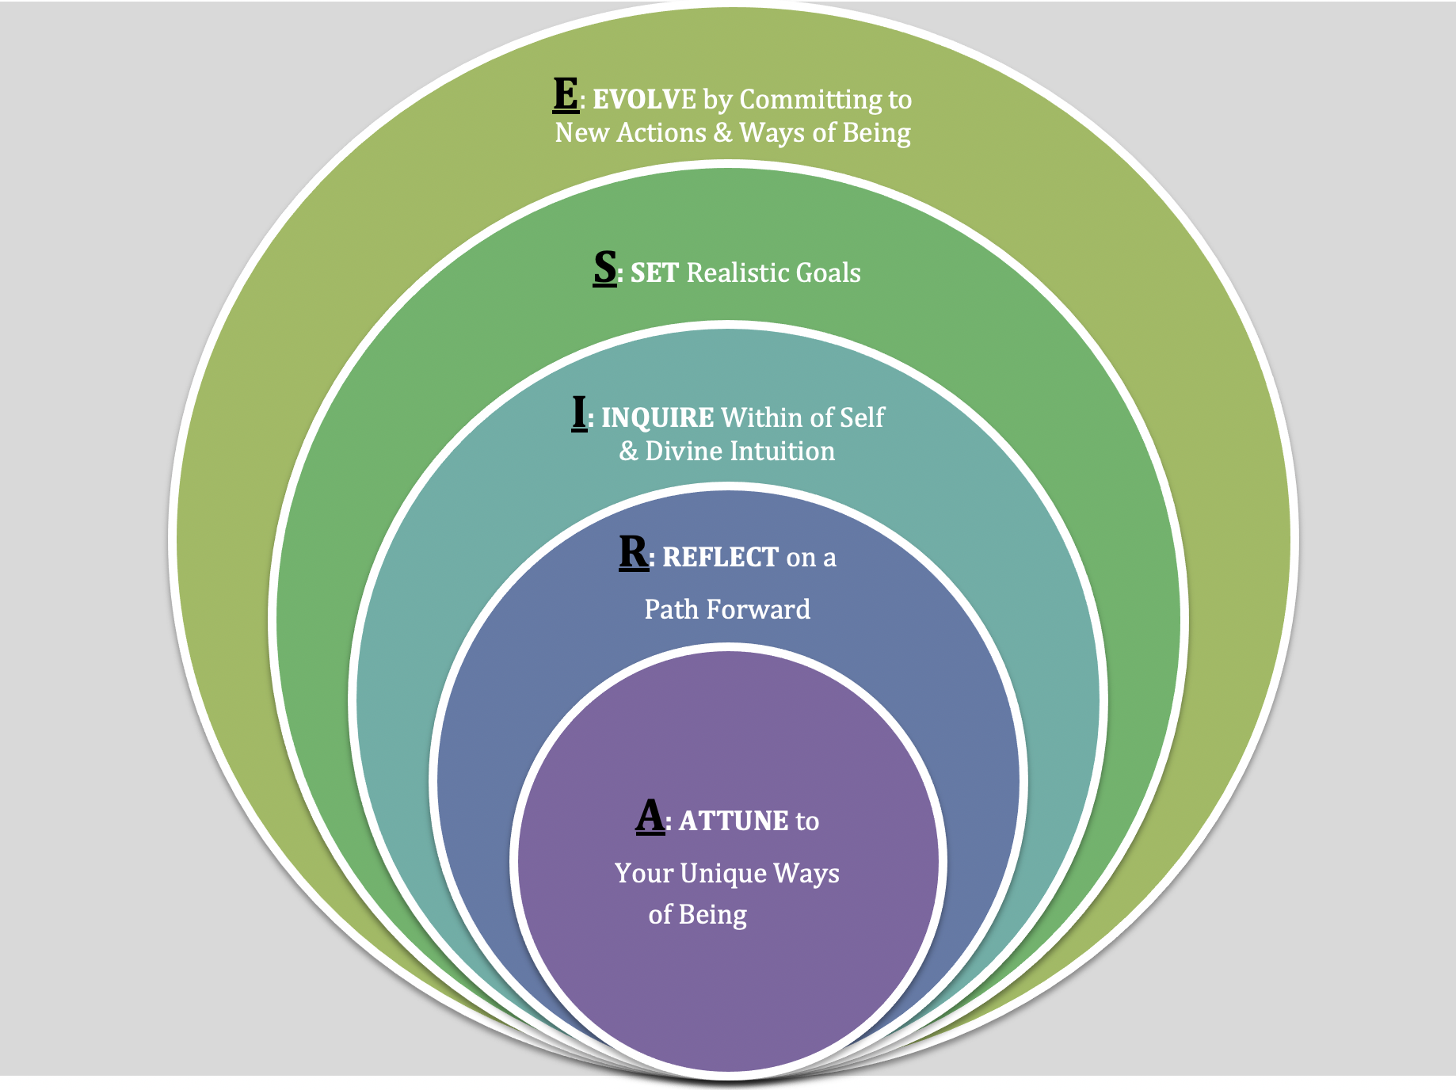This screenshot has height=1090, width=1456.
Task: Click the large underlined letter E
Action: coord(566,95)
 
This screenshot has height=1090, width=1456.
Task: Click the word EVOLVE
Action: coord(644,100)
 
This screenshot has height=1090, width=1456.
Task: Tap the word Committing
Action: coord(809,100)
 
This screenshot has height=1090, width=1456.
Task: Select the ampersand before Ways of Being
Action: coord(722,132)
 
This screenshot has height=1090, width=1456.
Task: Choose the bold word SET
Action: coord(654,273)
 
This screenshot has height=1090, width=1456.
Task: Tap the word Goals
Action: coord(828,273)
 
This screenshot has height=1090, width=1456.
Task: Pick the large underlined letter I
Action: coord(579,413)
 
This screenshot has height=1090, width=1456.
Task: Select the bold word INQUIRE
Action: coord(657,418)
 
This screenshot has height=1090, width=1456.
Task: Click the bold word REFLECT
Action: coord(720,558)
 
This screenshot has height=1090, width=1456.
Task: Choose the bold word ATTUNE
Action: coord(734,821)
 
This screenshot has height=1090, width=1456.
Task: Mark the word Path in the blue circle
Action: coord(671,610)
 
